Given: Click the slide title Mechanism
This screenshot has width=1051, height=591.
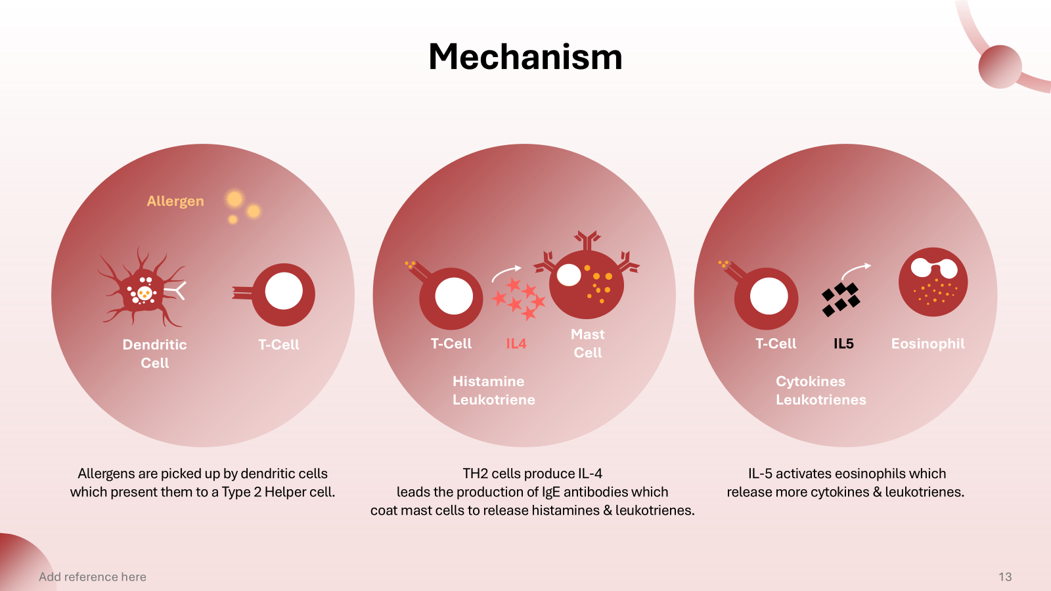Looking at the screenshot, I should (x=525, y=56).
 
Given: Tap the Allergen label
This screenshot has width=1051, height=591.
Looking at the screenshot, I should (x=175, y=201).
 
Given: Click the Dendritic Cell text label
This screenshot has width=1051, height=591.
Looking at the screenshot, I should (x=155, y=353).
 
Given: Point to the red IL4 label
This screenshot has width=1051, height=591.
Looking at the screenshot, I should (x=516, y=343).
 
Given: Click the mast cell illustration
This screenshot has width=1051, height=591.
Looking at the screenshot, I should (x=586, y=282).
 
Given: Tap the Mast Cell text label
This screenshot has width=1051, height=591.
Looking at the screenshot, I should (x=588, y=343).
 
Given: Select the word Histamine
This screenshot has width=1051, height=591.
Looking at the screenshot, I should (x=488, y=382).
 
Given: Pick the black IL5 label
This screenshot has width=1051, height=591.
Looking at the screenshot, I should (x=843, y=343).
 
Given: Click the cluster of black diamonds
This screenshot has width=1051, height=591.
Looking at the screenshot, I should (x=840, y=299).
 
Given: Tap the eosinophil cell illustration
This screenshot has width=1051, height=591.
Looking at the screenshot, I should (x=933, y=282).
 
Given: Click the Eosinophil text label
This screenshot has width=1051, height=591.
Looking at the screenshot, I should (x=928, y=343).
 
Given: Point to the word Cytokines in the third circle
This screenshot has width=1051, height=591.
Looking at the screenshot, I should (x=811, y=382).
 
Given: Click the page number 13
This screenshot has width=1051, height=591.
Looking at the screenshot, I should (x=1005, y=577).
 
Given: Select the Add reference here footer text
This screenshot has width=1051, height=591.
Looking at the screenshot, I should (x=93, y=577).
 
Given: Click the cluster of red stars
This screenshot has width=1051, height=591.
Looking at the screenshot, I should (x=519, y=299).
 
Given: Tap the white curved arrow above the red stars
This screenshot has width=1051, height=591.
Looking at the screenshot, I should (x=506, y=272).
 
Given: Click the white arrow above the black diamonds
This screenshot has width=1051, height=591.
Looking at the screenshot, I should (x=855, y=269).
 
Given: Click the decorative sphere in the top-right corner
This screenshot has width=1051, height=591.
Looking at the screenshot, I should (x=1000, y=66).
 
